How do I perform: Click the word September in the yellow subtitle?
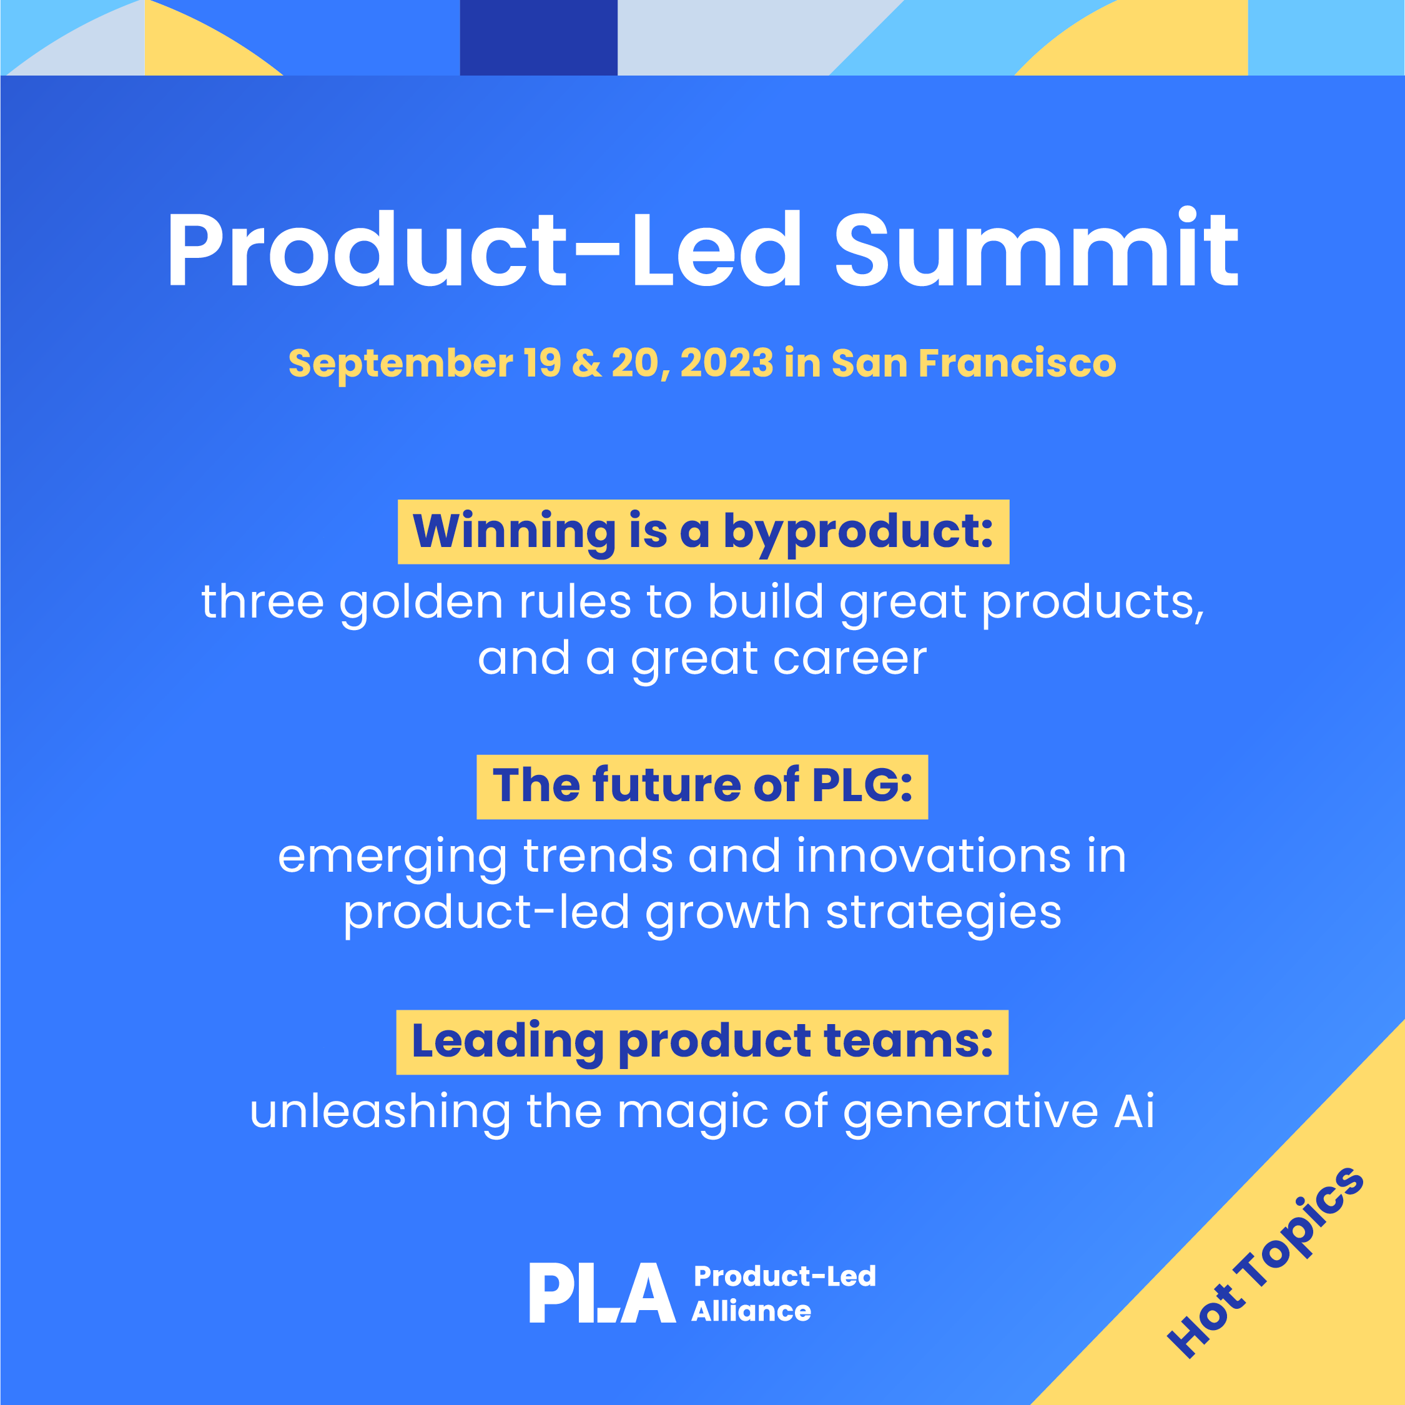(401, 364)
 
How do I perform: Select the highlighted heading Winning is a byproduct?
(703, 531)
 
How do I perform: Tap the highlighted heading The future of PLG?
(702, 787)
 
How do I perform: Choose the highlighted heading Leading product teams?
(702, 1042)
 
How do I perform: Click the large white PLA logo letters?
(602, 1293)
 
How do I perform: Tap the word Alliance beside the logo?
(751, 1311)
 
